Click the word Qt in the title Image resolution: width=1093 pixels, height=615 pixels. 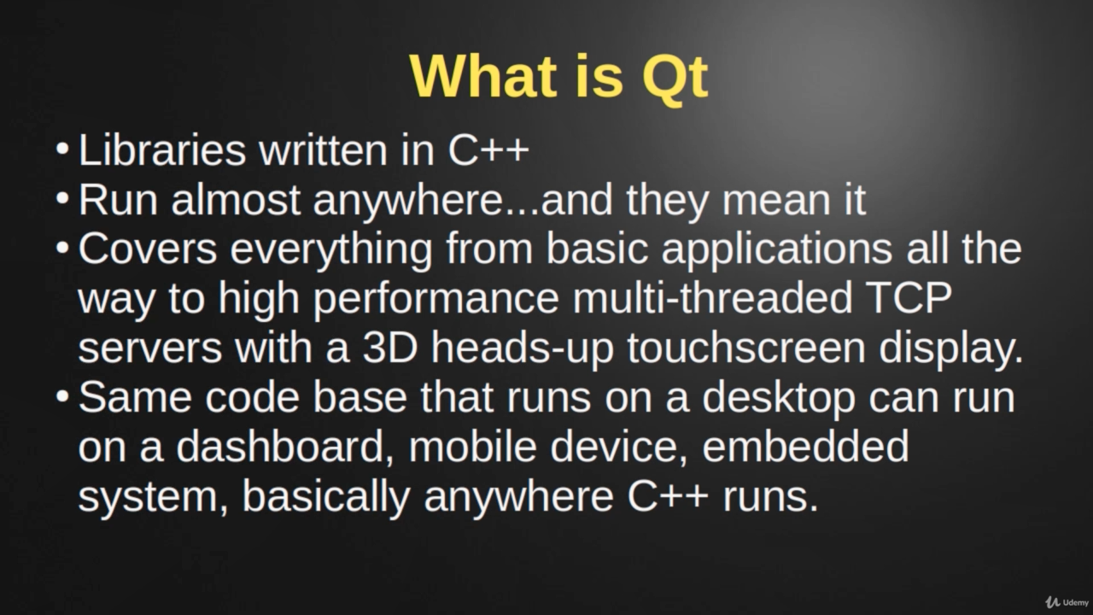tap(675, 78)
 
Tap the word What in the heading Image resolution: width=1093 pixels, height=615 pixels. tap(483, 76)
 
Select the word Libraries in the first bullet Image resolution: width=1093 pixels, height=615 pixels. tap(162, 149)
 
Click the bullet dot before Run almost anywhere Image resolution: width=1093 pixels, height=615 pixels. tap(62, 198)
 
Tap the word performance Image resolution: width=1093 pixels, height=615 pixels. tap(435, 301)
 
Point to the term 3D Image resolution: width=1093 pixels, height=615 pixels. tap(390, 348)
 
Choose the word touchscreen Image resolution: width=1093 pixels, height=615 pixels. tap(746, 348)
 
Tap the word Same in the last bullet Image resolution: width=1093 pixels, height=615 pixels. tap(135, 397)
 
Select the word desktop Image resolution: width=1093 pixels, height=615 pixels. tap(779, 399)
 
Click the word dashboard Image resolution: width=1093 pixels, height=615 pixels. tap(285, 447)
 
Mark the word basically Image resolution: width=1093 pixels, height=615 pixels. tap(326, 499)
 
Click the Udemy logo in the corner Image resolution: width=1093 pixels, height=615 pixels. tap(1067, 602)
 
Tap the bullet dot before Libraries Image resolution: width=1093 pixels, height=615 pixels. tap(62, 149)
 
